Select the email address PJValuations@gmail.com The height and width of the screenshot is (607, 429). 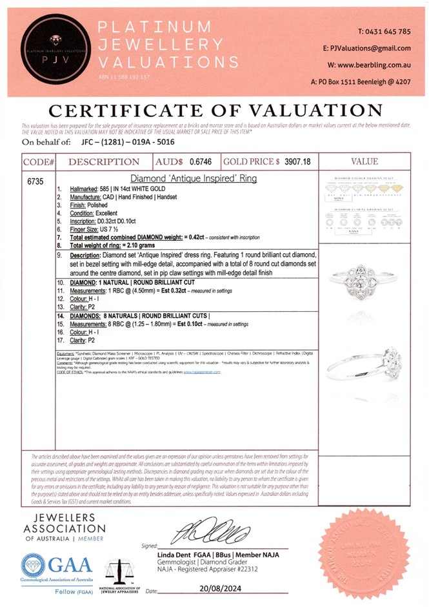375,48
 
